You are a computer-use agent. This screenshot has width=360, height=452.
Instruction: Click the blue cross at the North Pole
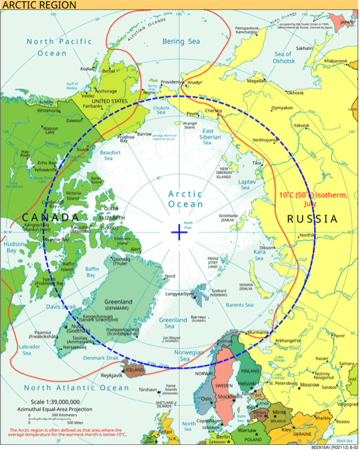tap(179, 232)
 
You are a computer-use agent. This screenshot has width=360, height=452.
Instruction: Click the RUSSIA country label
tap(312, 219)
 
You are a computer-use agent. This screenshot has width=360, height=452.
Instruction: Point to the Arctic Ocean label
tap(185, 199)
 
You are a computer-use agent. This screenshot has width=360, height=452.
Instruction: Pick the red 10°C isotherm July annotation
tap(313, 199)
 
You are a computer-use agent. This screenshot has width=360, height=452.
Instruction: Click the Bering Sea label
tap(181, 42)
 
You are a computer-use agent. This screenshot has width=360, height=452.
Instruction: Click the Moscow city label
tap(309, 385)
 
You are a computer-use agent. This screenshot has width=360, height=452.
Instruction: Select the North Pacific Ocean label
tap(60, 47)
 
